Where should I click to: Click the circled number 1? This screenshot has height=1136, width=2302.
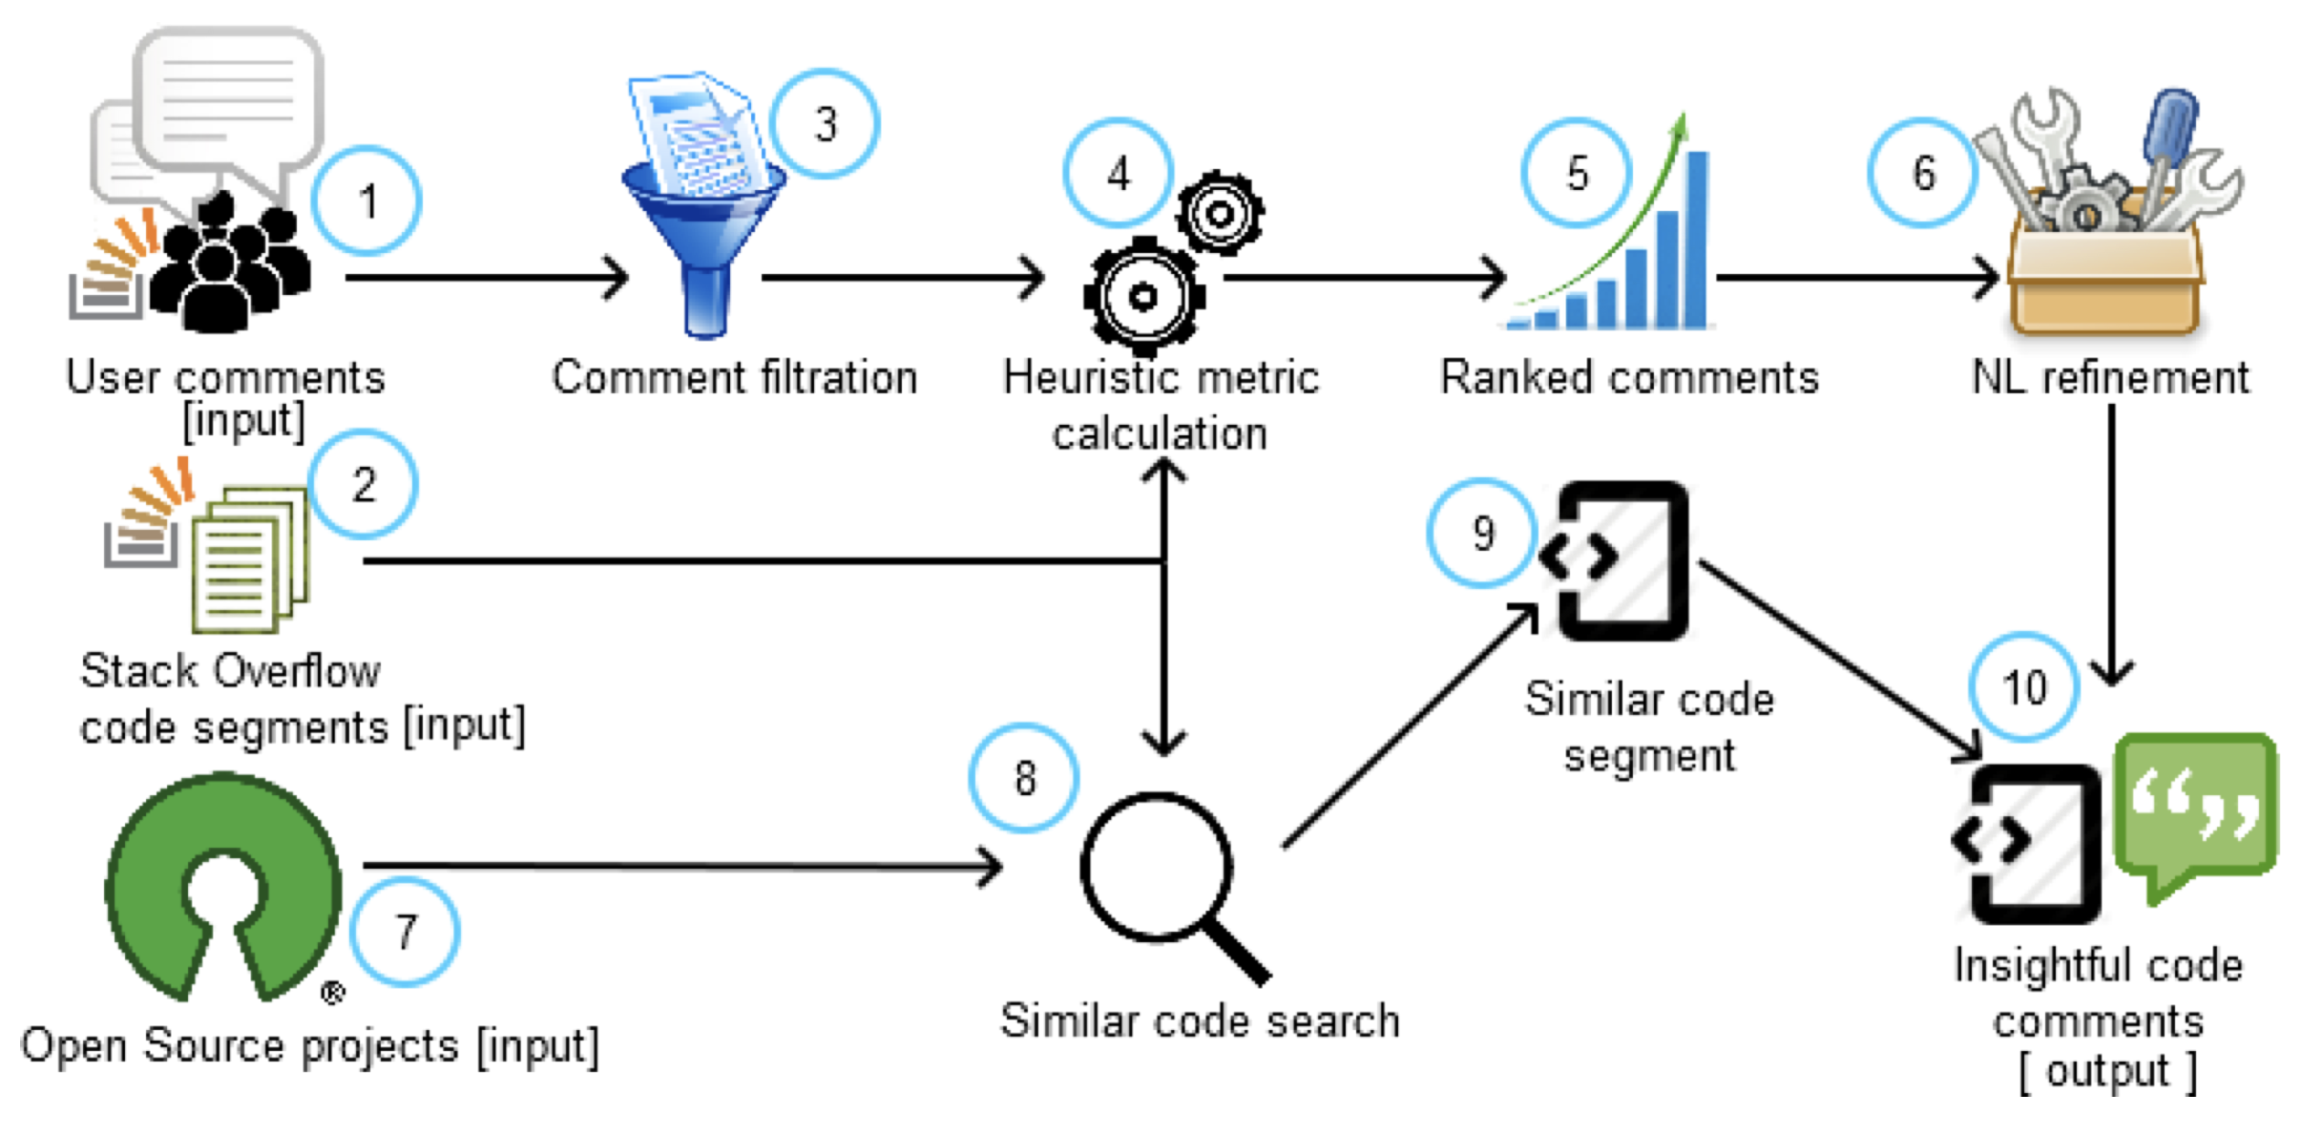click(x=366, y=201)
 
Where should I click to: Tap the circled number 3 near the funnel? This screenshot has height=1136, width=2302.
click(x=825, y=124)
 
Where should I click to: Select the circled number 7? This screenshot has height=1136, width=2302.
click(x=406, y=931)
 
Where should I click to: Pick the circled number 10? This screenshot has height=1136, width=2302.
click(x=2023, y=687)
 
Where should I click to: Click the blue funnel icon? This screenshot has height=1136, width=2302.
click(x=704, y=229)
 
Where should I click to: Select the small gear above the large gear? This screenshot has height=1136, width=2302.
click(x=1220, y=213)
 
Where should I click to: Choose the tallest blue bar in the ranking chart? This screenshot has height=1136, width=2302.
click(x=1697, y=239)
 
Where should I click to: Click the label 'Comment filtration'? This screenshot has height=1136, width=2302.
click(x=735, y=377)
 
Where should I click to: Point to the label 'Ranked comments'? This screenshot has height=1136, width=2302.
click(x=1629, y=377)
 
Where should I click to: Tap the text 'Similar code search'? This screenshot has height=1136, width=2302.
click(x=1200, y=1020)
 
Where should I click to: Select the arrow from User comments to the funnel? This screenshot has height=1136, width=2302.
click(x=487, y=278)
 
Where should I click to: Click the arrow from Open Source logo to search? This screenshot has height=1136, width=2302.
click(x=682, y=866)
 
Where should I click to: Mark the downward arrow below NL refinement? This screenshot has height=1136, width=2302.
click(x=2111, y=544)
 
